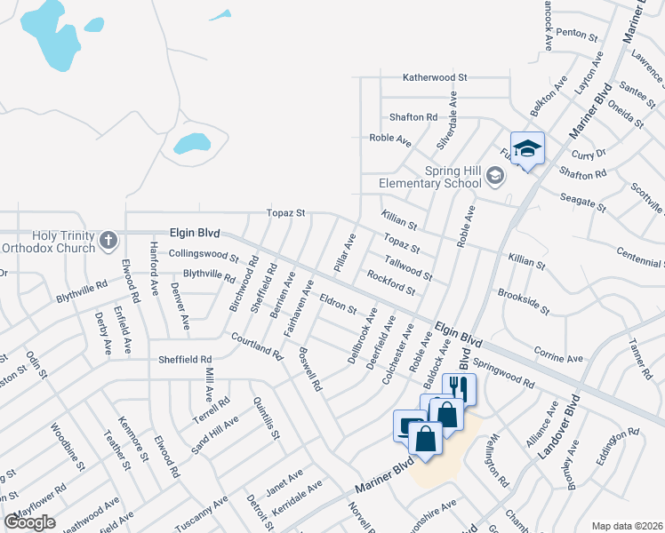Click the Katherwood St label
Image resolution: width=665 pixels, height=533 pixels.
[435, 78]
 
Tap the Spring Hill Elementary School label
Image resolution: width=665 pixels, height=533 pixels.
[435, 177]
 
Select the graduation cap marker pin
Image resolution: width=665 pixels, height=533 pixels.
[527, 149]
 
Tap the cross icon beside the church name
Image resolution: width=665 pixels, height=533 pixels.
[108, 240]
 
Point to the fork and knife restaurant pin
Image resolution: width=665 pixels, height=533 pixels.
[459, 389]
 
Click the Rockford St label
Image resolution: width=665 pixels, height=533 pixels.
[391, 283]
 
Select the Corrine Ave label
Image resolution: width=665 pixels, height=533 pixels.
[558, 356]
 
